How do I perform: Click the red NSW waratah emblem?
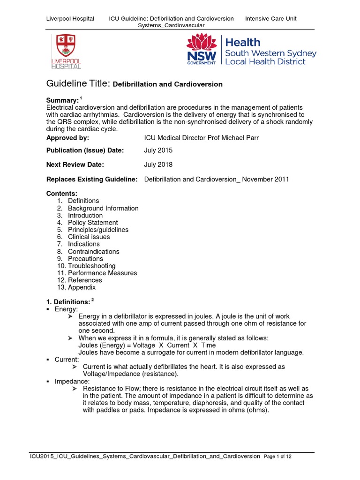(x=202, y=48)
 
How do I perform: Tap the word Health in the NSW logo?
(x=243, y=43)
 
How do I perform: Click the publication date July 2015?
(x=158, y=150)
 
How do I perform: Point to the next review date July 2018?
(x=158, y=165)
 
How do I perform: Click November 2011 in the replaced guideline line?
(x=266, y=179)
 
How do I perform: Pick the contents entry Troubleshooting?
(x=91, y=266)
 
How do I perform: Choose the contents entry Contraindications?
(x=94, y=251)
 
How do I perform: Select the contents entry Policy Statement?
(x=93, y=223)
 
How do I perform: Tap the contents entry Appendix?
(x=82, y=287)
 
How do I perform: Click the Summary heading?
(x=61, y=101)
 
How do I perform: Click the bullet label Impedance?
(x=72, y=382)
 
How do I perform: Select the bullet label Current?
(x=67, y=360)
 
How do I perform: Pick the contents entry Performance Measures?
(x=103, y=273)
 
